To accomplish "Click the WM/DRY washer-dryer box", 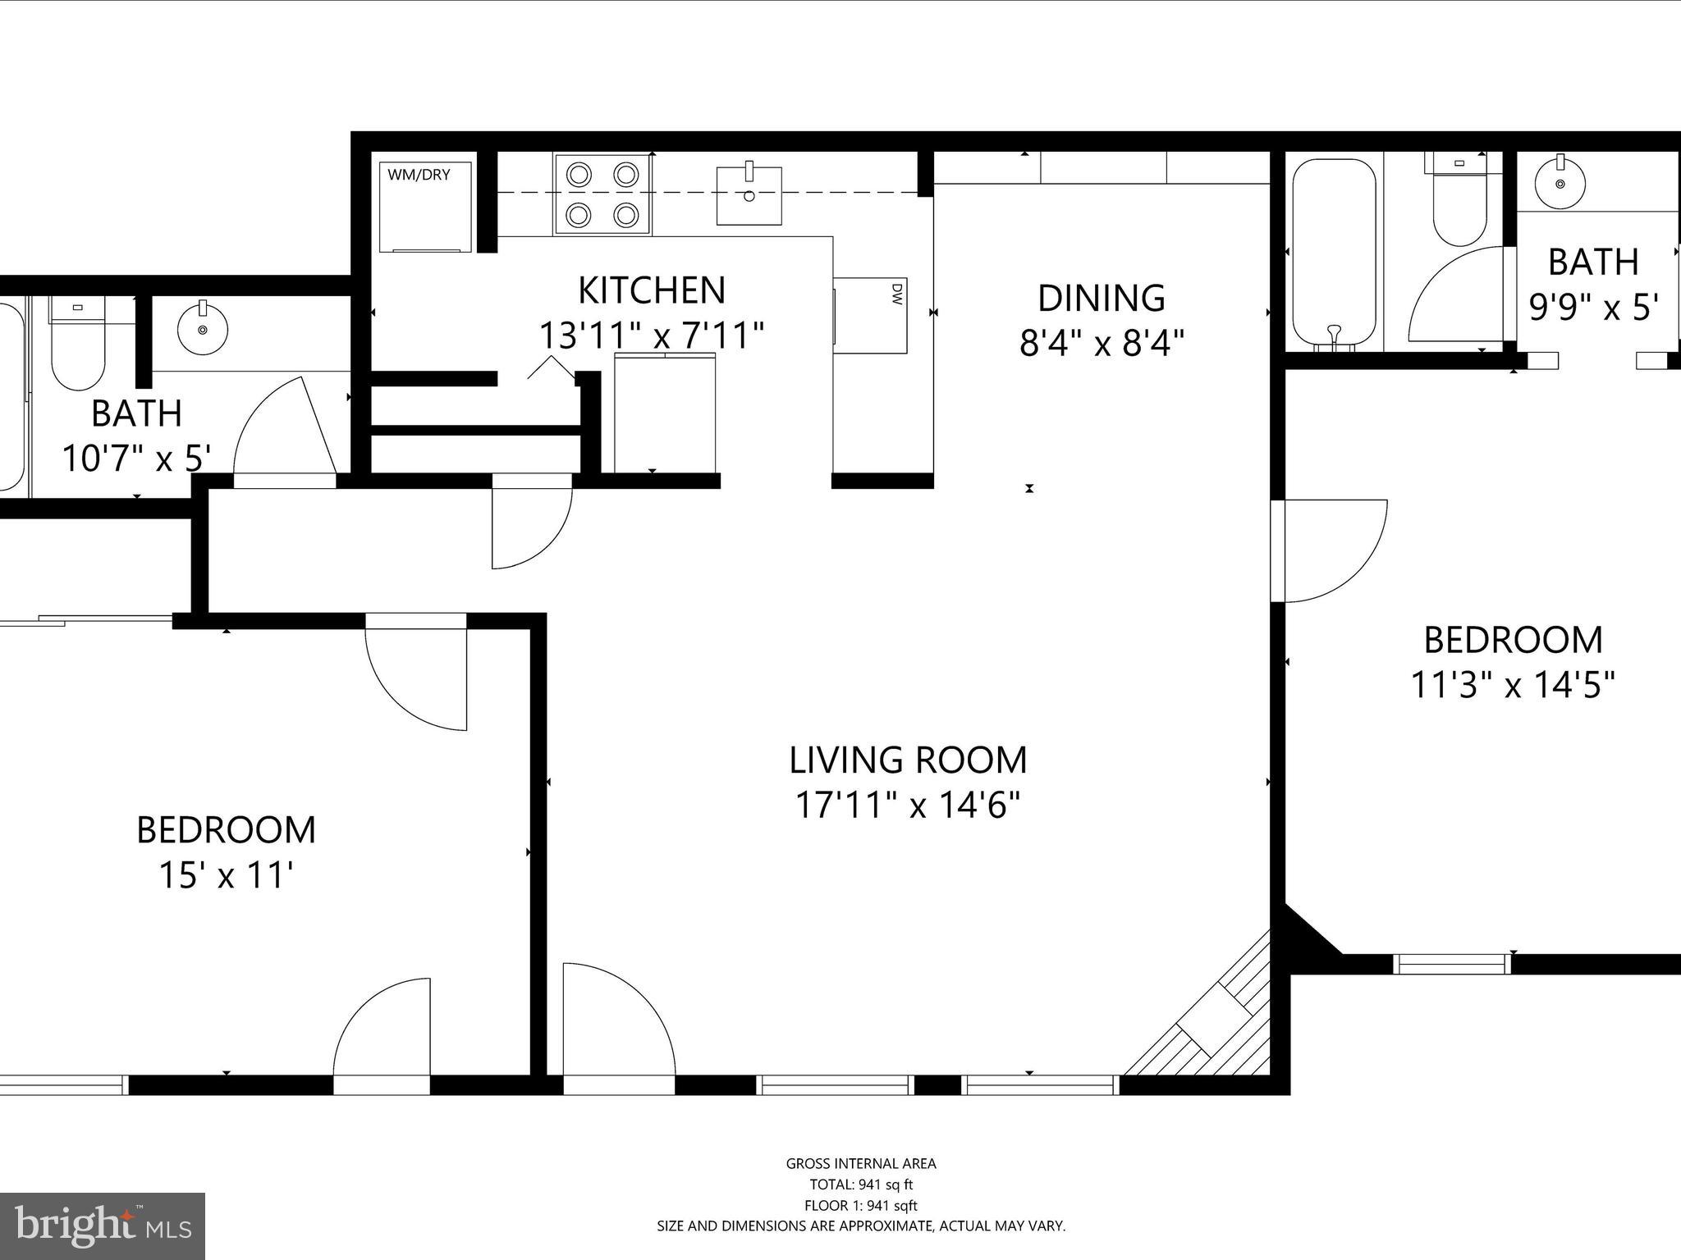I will point(425,207).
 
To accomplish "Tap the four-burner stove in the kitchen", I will point(602,195).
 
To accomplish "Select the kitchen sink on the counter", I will point(749,195).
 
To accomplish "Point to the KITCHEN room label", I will point(652,290).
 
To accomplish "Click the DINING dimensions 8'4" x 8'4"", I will point(1102,343).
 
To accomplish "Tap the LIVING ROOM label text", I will point(908,760).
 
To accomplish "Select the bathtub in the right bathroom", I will point(1334,253).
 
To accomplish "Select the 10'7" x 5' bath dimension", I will point(137,458).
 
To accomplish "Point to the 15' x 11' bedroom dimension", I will point(226,875).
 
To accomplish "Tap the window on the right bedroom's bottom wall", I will point(1452,964).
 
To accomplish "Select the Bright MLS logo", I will point(102,1226).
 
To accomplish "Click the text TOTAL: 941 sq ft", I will point(860,1184).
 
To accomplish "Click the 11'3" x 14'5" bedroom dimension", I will point(1512,684).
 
